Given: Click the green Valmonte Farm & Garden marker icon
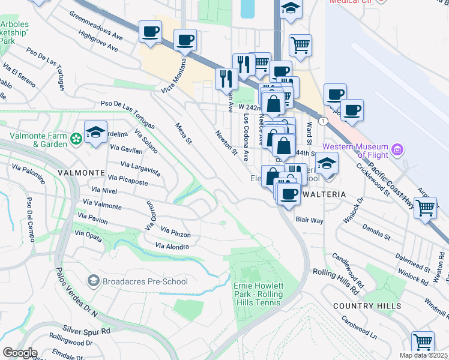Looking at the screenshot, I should (76, 139).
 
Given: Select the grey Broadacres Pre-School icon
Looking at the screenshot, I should (93, 281).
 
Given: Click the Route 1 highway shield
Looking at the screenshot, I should (324, 121).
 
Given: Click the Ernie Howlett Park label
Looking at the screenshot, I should (258, 294).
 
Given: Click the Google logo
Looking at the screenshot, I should (19, 353).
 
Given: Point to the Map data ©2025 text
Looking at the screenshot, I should (423, 355).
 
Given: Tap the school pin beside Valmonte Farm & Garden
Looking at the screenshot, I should (96, 131).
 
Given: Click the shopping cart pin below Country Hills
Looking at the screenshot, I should (423, 341).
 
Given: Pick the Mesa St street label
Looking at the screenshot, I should (182, 134).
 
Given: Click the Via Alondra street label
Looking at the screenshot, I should (172, 246).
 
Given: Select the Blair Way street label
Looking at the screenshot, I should (309, 220).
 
